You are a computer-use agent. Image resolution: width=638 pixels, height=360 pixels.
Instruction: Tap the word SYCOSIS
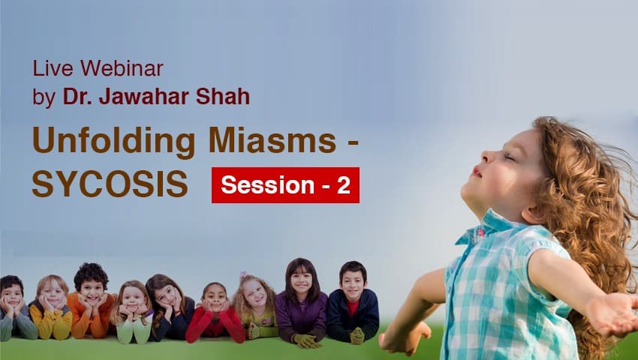pos(110,184)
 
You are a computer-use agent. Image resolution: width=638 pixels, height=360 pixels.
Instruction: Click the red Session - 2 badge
pos(285,185)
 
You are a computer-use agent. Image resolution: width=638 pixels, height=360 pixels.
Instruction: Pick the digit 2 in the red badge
pos(343,185)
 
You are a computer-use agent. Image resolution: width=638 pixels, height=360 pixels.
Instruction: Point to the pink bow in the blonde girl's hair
pos(244,275)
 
